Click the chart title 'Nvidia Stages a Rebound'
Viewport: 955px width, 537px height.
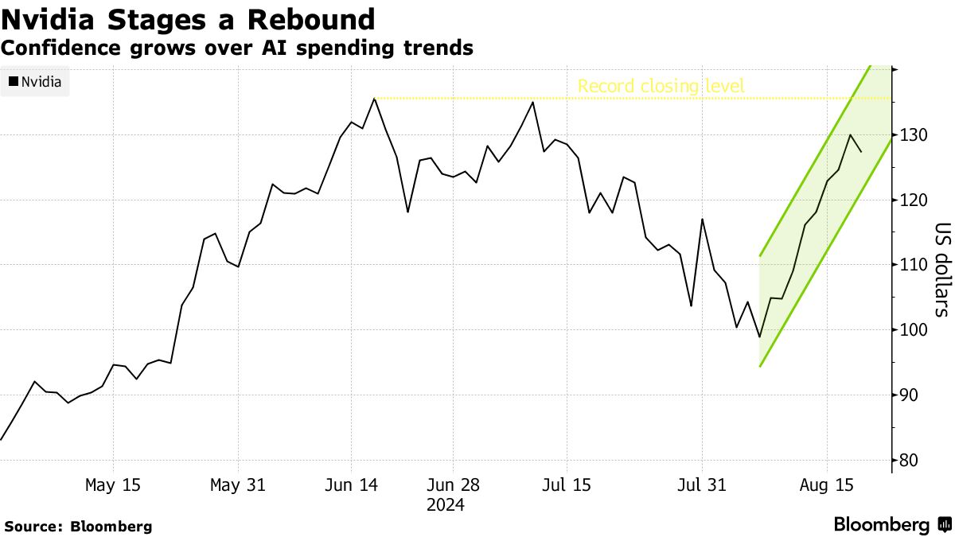point(188,18)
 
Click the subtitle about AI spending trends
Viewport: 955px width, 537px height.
point(237,48)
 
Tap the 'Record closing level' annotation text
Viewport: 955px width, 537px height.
point(661,86)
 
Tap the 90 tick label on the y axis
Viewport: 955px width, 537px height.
point(913,395)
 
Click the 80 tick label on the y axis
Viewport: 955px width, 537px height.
point(913,461)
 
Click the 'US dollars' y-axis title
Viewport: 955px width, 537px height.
point(941,269)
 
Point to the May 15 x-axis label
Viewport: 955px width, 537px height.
point(113,485)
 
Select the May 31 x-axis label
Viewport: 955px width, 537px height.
point(238,485)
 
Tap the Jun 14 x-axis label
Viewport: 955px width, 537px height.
point(351,485)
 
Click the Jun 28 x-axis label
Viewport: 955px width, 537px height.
point(452,485)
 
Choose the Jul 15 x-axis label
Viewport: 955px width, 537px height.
point(565,485)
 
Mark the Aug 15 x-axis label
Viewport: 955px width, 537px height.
point(825,485)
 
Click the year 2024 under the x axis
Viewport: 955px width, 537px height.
point(446,505)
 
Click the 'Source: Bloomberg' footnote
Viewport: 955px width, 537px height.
point(78,527)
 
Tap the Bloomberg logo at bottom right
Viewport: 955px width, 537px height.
point(891,525)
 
